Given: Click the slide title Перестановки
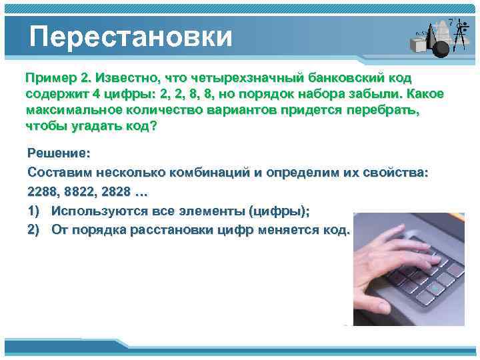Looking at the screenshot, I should pyautogui.click(x=131, y=36).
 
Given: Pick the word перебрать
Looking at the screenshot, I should pyautogui.click(x=385, y=109).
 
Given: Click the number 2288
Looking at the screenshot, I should pyautogui.click(x=43, y=191).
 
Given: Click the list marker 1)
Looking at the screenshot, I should pyautogui.click(x=35, y=211).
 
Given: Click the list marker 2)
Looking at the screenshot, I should pyautogui.click(x=35, y=230).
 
